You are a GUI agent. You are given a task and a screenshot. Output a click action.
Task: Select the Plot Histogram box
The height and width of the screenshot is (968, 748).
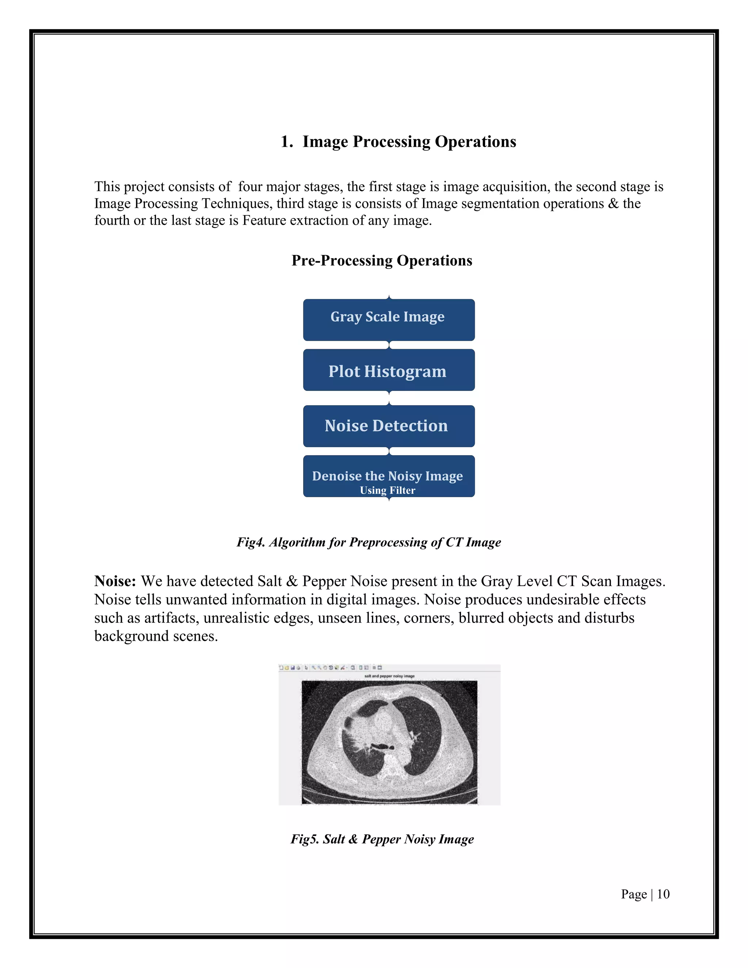tap(389, 370)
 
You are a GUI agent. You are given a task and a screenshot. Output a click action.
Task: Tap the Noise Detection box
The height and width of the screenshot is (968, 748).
tap(389, 426)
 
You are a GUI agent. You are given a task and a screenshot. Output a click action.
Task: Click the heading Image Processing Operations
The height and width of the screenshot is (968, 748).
tap(409, 141)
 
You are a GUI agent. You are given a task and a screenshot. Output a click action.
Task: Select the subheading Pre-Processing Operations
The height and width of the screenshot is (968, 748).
tap(382, 260)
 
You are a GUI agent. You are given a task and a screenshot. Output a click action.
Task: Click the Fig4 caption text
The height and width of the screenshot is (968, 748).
tap(368, 542)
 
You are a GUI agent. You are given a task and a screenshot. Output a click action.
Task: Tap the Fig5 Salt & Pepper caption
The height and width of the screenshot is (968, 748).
tap(382, 839)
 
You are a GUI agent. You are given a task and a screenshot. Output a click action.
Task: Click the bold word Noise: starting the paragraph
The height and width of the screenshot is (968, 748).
tap(115, 581)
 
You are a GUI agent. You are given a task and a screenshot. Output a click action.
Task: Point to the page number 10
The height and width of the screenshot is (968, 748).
tap(663, 894)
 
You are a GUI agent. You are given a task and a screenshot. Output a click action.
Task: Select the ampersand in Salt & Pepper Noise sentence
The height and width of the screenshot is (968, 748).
tap(291, 581)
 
